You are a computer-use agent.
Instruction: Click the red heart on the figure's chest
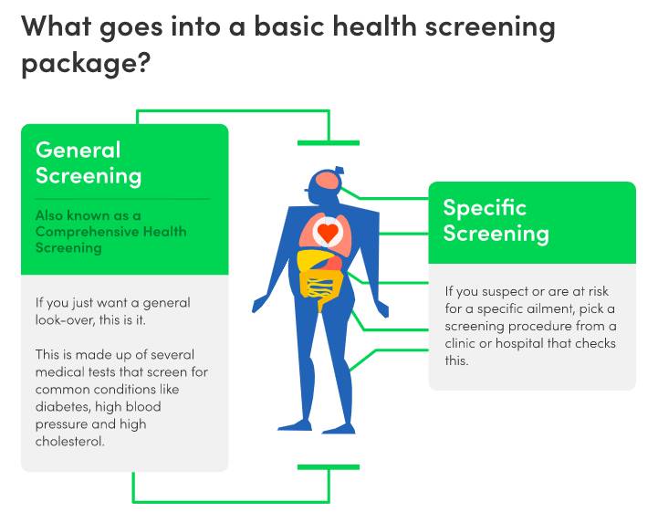[327, 233]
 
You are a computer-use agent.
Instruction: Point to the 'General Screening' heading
[89, 162]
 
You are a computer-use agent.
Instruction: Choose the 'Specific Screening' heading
[496, 220]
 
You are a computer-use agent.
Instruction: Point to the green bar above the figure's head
[329, 142]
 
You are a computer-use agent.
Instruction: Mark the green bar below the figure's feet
[329, 467]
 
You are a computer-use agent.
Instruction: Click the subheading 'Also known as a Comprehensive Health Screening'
[110, 232]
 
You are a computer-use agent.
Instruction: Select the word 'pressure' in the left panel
[63, 424]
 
